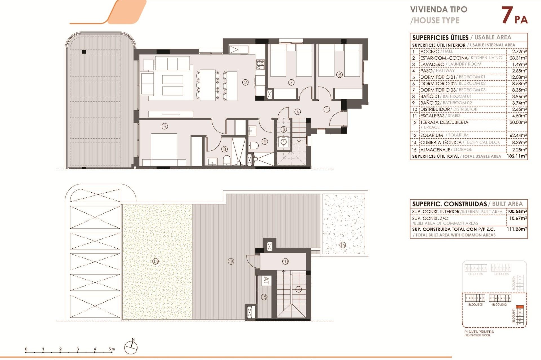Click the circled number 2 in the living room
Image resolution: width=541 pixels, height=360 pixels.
[x=245, y=82]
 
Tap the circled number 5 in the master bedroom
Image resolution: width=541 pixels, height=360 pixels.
[x=165, y=126]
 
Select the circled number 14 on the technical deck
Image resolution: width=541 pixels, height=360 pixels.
[x=343, y=245]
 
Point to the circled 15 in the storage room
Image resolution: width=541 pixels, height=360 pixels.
[x=264, y=297]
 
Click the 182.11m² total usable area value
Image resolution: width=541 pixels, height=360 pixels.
[x=516, y=156]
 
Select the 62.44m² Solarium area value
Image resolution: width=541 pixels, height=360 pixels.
[x=518, y=135]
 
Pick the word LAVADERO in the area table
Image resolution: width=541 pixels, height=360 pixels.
[x=432, y=64]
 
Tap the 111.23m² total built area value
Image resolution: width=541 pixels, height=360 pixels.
[x=516, y=229]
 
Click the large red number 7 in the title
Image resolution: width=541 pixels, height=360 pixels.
[x=507, y=15]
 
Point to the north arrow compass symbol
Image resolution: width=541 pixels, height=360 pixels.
[x=131, y=347]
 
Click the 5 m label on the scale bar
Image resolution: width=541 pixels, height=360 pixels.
[x=112, y=349]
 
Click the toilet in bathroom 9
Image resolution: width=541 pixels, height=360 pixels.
[x=254, y=145]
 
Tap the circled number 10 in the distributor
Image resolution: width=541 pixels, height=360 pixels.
[x=285, y=262]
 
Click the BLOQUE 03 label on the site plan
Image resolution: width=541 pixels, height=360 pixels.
[x=475, y=305]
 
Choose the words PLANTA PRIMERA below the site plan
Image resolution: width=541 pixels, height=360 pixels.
[x=479, y=332]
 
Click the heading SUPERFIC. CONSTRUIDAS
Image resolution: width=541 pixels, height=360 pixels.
[x=449, y=204]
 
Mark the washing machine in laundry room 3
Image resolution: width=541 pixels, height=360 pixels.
[x=283, y=142]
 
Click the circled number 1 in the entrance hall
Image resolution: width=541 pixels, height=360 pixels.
[x=327, y=109]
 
